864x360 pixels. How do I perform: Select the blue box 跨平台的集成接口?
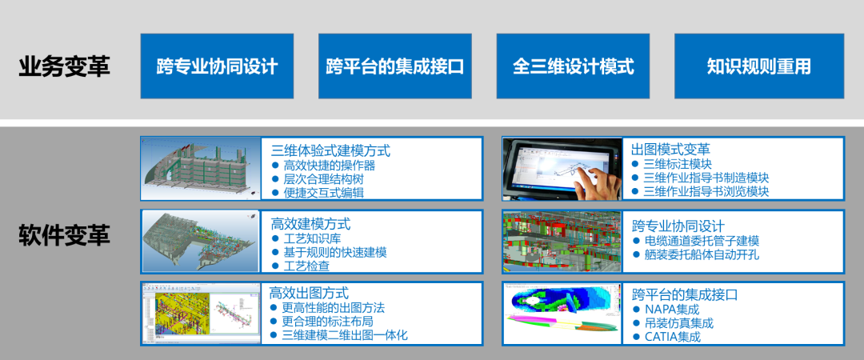coord(394,66)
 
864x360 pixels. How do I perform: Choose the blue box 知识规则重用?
coord(759,66)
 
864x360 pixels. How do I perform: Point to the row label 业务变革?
coord(64,66)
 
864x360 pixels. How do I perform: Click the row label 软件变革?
coord(64,236)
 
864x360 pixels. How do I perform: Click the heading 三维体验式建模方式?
coord(330,150)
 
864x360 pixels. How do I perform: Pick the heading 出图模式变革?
coord(670,150)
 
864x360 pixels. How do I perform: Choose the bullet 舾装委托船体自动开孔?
coord(702,255)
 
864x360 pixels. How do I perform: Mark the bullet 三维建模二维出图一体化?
coord(346,334)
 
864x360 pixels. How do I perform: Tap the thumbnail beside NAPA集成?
coord(562,313)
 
